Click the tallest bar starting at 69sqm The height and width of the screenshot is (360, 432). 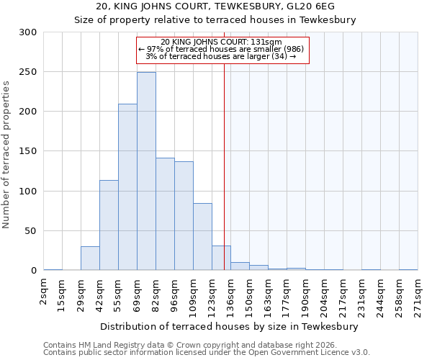pos(146,171)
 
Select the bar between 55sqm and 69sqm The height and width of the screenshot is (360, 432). pos(127,187)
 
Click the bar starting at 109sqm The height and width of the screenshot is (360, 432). pos(202,237)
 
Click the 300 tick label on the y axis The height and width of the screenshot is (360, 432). pos(28,32)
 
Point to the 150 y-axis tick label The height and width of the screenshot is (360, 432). pos(28,151)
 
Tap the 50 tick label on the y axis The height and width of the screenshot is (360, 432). pos(31,231)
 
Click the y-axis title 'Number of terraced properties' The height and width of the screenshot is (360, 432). pos(6,155)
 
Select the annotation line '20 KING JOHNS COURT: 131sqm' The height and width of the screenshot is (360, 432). pos(222,42)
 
